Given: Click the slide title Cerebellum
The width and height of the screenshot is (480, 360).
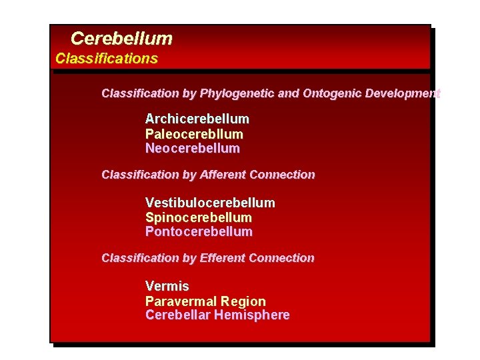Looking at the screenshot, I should [121, 39].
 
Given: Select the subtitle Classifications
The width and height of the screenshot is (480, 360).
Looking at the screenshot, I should [107, 59].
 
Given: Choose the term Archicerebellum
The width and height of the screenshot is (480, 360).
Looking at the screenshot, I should [197, 119].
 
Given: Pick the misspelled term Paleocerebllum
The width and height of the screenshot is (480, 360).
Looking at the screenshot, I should [194, 134].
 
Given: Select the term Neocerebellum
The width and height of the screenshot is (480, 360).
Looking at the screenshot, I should [193, 149].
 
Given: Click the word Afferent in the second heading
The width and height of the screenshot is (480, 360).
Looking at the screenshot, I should [223, 175].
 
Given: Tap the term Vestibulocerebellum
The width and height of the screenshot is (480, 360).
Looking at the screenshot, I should [210, 203].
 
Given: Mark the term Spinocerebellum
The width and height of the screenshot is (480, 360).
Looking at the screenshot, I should [199, 217].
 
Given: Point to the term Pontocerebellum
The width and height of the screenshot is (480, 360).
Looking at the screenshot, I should [199, 232].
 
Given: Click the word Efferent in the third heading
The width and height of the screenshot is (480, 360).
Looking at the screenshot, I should [223, 258].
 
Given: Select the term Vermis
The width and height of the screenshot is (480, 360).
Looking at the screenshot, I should [167, 287].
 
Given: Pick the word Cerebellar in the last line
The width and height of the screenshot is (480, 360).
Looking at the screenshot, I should [177, 315].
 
